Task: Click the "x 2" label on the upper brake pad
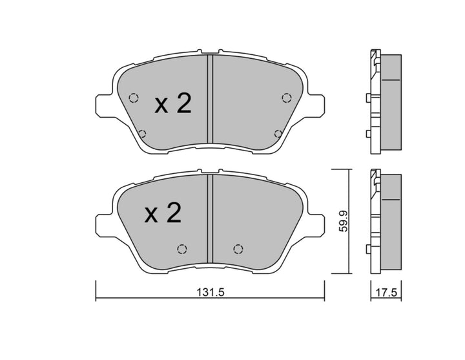(x=173, y=104)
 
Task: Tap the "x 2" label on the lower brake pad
(x=163, y=213)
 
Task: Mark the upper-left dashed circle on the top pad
(x=134, y=98)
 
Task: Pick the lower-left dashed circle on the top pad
(x=142, y=134)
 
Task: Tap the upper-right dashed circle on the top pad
(x=286, y=98)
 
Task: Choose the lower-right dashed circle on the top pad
(x=278, y=134)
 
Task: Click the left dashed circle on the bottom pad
(x=181, y=249)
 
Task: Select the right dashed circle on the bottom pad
(x=238, y=249)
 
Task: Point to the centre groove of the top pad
(x=209, y=100)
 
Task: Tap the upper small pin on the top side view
(x=368, y=98)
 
